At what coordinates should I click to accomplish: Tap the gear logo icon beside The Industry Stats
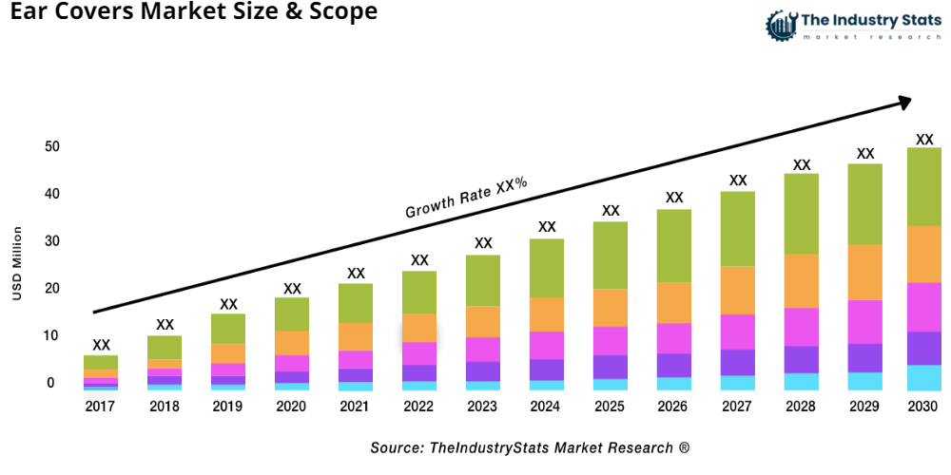click(780, 26)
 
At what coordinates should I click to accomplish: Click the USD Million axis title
click(16, 264)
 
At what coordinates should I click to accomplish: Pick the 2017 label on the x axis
click(101, 407)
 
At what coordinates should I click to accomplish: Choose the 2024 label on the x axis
click(547, 407)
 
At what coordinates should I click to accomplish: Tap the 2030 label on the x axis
click(923, 407)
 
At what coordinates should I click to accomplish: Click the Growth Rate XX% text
click(466, 198)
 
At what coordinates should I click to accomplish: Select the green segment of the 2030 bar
click(923, 186)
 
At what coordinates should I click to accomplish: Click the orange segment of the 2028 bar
click(802, 281)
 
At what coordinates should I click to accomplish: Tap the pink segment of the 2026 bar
click(674, 338)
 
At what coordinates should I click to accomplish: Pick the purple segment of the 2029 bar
click(864, 357)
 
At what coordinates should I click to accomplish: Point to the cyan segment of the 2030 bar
click(923, 377)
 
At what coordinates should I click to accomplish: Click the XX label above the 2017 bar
click(101, 345)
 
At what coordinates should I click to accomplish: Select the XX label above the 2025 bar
click(611, 211)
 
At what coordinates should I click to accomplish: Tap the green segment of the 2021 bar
click(356, 303)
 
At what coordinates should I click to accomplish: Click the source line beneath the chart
click(530, 447)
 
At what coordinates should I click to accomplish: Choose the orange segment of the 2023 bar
click(483, 321)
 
